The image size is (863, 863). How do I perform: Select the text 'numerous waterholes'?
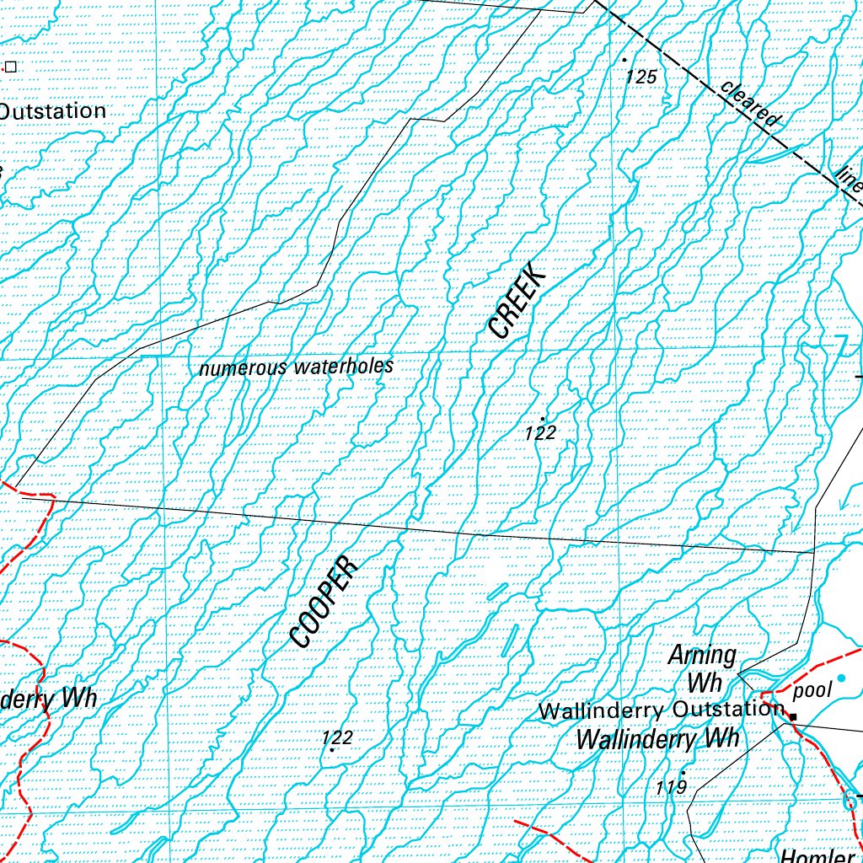[297, 367]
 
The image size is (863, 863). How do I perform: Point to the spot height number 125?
[641, 77]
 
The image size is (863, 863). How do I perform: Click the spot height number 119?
[671, 787]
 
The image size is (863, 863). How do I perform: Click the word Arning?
[702, 655]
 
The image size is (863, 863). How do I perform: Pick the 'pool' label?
[813, 691]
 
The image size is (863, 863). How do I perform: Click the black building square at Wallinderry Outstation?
[792, 716]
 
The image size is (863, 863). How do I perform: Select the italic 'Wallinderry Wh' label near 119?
[657, 740]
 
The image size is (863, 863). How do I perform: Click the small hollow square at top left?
[11, 66]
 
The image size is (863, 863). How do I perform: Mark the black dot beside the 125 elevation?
[624, 60]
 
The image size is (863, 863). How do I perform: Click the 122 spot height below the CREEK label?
[539, 433]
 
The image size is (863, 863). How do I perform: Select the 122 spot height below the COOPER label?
[337, 738]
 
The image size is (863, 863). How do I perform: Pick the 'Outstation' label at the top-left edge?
[52, 111]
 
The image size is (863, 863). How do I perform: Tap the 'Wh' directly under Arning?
[705, 681]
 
